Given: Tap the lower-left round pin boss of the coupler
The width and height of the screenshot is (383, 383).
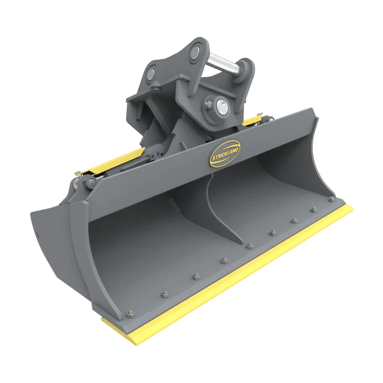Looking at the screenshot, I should [x=153, y=72].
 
